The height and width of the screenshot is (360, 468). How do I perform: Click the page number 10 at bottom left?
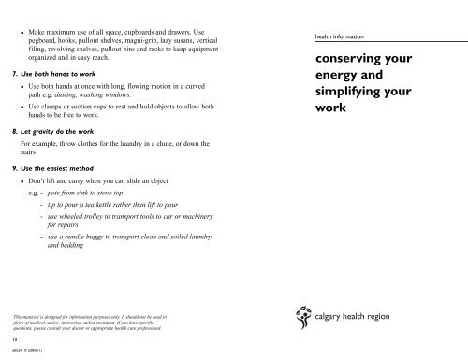pyautogui.click(x=8, y=340)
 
